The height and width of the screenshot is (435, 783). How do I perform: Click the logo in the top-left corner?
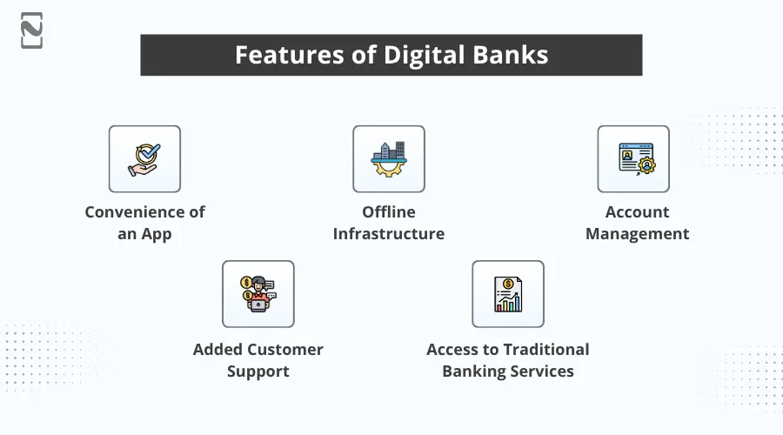coord(32,30)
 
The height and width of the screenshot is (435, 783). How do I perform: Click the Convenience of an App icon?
coord(144,159)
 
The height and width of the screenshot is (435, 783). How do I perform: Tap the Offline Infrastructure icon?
coord(389,159)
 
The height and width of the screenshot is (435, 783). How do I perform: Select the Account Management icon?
coord(633,159)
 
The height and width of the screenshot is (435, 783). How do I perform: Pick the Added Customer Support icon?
coord(258,294)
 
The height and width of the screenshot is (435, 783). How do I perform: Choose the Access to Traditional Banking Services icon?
coord(508,294)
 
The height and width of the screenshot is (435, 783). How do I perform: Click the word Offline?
coord(389,212)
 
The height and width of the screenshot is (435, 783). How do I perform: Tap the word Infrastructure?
coord(389,234)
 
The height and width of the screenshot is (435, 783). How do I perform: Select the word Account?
coord(638,212)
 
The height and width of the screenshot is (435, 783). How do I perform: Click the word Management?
coord(638,234)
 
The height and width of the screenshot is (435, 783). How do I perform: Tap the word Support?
coord(258,371)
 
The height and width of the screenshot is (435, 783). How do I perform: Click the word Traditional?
coord(539,350)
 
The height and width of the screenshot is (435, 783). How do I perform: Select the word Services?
coord(541,371)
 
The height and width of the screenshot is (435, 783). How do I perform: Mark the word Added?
coord(218,350)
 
